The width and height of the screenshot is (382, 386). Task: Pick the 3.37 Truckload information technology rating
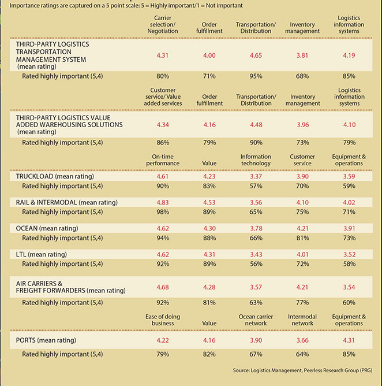point(256,176)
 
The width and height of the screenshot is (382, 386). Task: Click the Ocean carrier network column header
point(256,320)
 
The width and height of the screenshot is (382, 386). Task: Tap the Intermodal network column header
point(302,320)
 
